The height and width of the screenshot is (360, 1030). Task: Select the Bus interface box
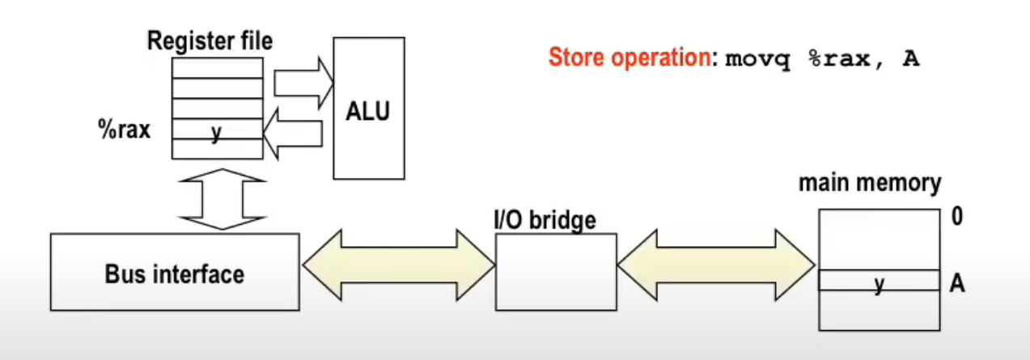[174, 273]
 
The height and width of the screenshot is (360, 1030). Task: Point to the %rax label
[123, 130]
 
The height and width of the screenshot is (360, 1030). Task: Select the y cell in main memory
[879, 281]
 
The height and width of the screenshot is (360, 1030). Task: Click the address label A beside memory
[957, 282]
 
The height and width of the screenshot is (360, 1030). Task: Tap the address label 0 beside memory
[956, 218]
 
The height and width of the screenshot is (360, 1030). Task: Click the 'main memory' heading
[870, 184]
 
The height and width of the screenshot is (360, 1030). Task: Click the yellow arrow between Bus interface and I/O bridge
[397, 263]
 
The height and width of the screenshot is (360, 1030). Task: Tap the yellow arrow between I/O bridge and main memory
[715, 263]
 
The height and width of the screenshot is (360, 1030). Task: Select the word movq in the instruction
[757, 60]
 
